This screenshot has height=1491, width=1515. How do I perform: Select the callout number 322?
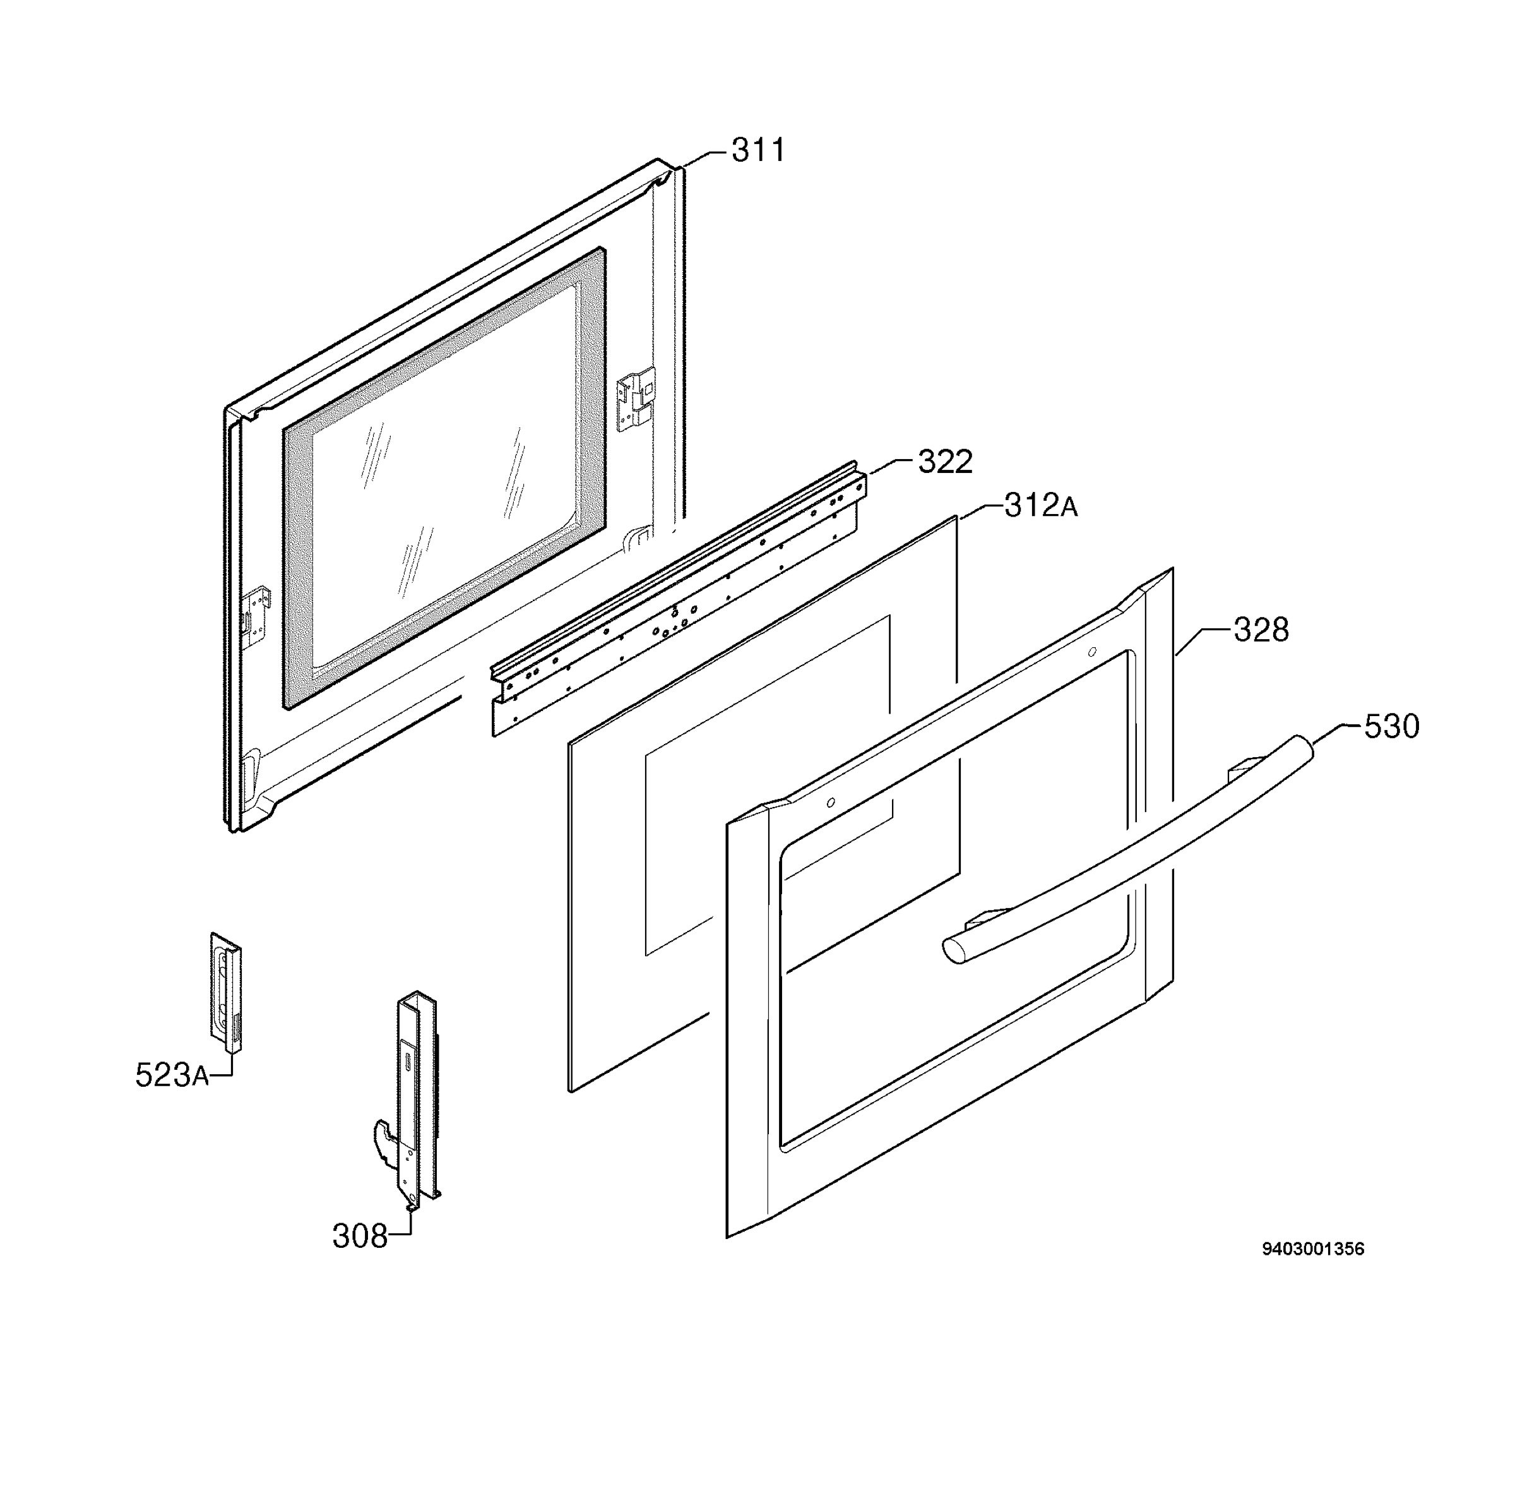pos(944,462)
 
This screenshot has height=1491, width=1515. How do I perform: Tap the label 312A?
pos(1040,506)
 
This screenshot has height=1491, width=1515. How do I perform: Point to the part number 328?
pos(1261,630)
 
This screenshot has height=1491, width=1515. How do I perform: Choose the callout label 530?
pos(1391,727)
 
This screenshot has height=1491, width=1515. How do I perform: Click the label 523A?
pos(172,1075)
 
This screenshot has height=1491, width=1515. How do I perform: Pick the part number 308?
pos(359,1236)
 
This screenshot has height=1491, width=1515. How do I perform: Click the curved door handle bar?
pos(1127,849)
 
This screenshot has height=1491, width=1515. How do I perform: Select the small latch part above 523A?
pos(225,991)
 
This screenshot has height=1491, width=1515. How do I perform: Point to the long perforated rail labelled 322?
pos(677,599)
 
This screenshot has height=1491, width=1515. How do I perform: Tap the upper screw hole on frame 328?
pos(1092,652)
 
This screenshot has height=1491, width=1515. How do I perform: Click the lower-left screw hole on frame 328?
pos(831,803)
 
